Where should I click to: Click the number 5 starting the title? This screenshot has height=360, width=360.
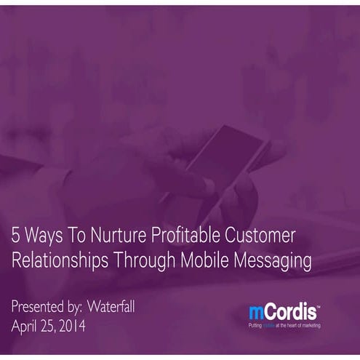tap(16, 237)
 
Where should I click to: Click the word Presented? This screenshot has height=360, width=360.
tap(40, 307)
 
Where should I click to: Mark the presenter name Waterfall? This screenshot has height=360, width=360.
tap(109, 307)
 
